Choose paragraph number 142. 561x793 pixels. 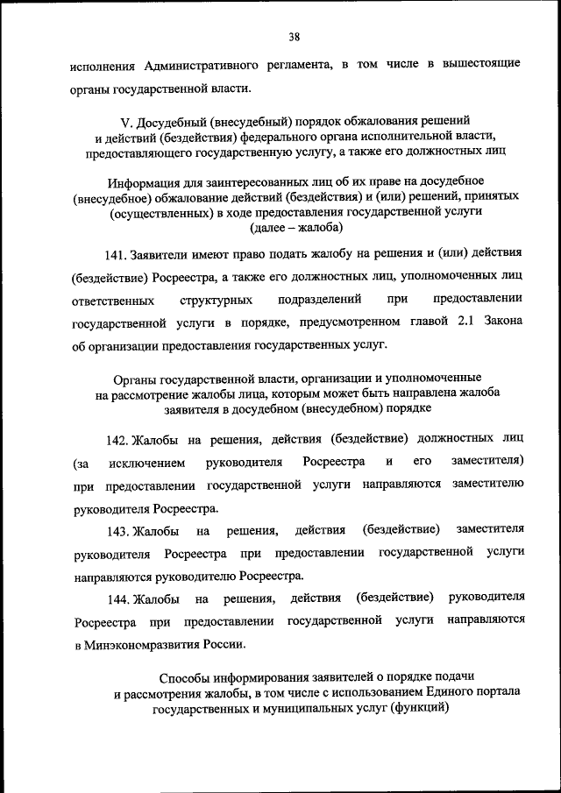click(x=117, y=438)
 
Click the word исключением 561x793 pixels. click(x=146, y=461)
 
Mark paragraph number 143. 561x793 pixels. click(x=117, y=530)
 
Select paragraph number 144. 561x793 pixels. click(x=117, y=598)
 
